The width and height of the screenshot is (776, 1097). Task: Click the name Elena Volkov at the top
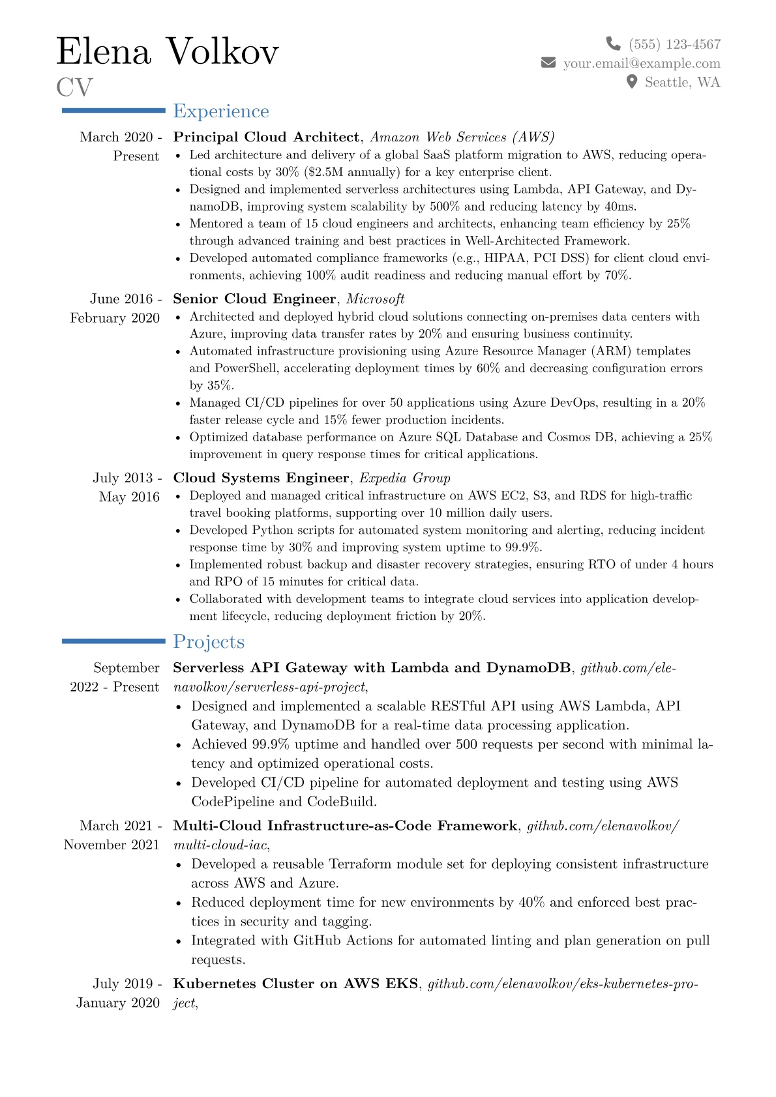point(168,51)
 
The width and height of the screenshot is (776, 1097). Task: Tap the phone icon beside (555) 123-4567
point(613,44)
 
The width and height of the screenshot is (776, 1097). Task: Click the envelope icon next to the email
point(548,63)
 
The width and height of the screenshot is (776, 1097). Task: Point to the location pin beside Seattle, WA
point(631,81)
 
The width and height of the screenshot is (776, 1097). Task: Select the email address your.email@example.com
point(642,63)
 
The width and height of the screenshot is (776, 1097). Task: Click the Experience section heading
point(221,111)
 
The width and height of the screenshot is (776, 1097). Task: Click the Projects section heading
point(209,642)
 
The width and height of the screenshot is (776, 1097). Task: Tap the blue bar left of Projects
point(113,641)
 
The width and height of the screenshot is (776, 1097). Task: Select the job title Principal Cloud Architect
point(266,137)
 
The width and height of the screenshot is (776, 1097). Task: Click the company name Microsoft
point(376,299)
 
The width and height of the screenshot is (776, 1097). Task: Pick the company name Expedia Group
point(405,478)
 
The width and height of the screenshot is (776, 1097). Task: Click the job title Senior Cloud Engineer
point(254,299)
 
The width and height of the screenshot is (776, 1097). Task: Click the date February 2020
point(115,318)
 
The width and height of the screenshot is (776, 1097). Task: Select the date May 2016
point(129,497)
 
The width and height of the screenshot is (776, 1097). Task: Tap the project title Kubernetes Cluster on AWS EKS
point(295,984)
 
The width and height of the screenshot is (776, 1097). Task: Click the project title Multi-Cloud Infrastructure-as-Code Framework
point(345,826)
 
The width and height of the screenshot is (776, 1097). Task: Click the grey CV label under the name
point(74,87)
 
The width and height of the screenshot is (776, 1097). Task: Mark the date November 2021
point(112,845)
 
